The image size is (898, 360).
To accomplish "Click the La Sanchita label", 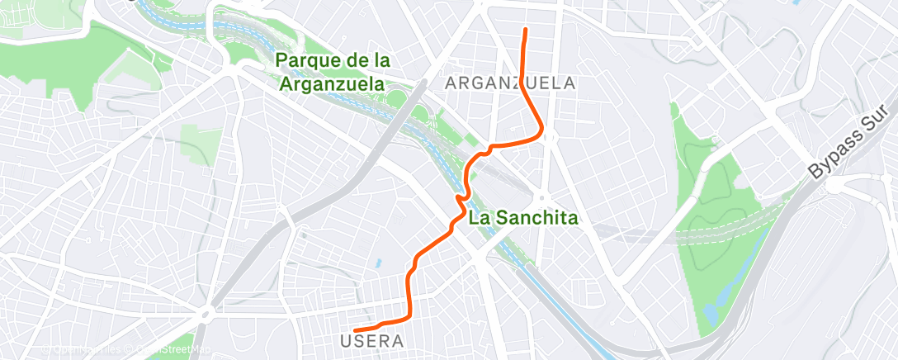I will (523, 219).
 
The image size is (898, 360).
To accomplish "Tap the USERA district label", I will (371, 340).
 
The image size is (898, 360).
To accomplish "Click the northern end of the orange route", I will (525, 31).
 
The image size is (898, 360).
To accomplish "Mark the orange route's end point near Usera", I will (355, 331).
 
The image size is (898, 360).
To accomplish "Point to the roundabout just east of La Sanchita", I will (542, 197).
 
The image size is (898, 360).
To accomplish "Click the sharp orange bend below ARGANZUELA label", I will (540, 132).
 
